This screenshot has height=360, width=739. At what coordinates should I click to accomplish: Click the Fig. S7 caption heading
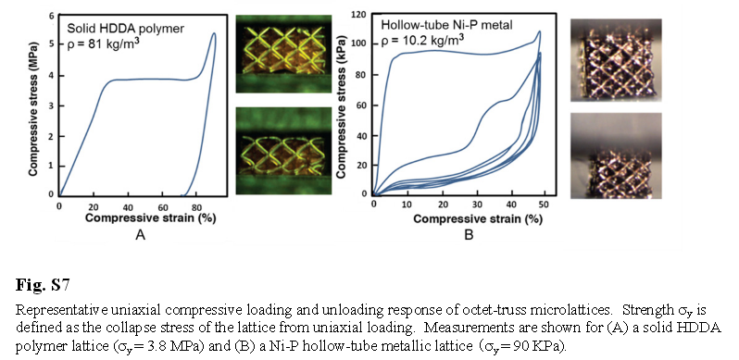tap(43, 286)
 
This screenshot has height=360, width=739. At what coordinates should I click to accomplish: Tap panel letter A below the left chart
tap(140, 235)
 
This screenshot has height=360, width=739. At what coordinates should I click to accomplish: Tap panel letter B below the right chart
tap(469, 235)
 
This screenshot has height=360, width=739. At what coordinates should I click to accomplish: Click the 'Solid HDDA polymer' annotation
tap(125, 30)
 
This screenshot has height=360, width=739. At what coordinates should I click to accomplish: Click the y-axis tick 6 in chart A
tap(52, 16)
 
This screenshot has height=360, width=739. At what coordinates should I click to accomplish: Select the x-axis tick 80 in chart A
tap(196, 206)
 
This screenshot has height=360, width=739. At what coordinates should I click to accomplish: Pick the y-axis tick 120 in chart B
tap(360, 15)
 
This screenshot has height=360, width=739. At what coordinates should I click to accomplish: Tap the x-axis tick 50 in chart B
tap(544, 205)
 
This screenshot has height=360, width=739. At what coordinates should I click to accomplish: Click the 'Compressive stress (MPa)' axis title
tap(32, 106)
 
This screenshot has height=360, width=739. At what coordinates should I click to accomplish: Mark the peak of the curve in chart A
tap(215, 33)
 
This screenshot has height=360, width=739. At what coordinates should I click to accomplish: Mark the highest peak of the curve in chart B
tap(540, 31)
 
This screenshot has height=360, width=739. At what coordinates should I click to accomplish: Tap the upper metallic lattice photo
tap(616, 60)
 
